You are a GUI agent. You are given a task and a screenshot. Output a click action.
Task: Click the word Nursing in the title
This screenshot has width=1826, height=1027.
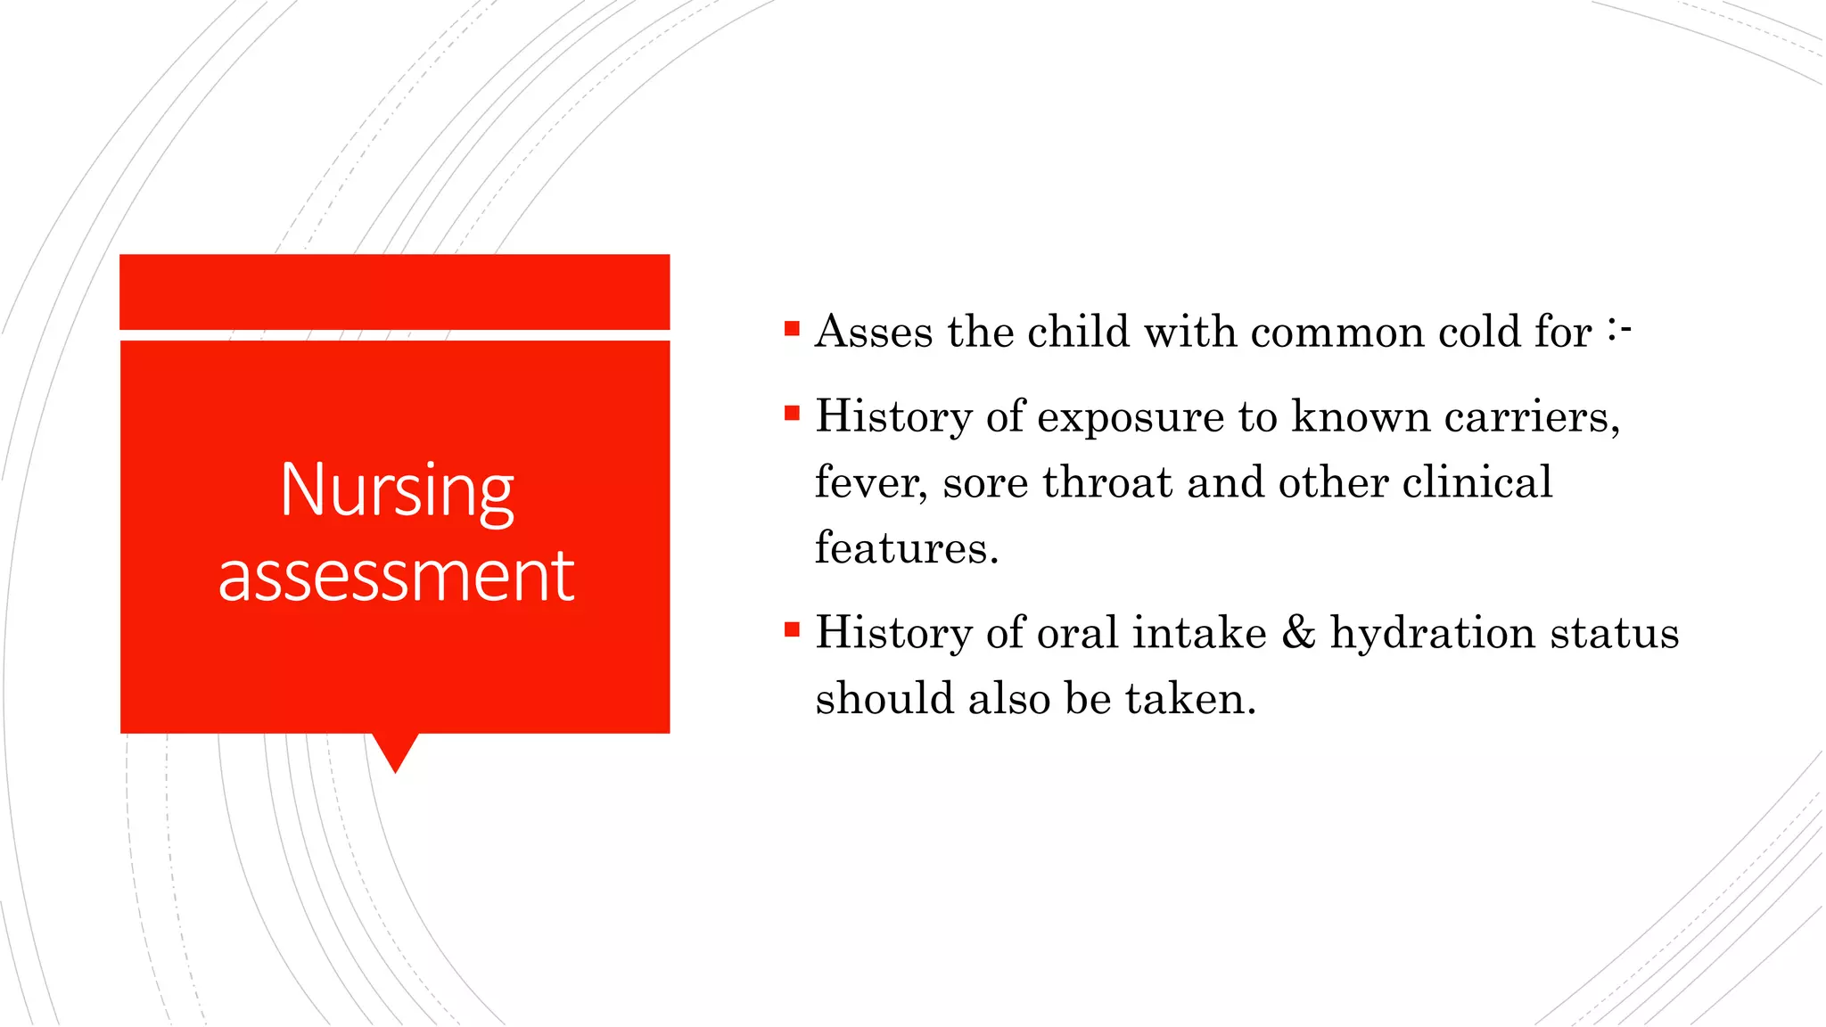(x=397, y=490)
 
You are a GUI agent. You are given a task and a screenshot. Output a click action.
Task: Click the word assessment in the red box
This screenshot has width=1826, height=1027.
(x=396, y=577)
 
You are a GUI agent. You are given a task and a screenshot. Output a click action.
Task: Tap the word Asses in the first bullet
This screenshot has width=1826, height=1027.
(x=873, y=332)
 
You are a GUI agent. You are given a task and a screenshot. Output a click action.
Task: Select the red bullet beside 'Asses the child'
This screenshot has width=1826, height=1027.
(x=792, y=329)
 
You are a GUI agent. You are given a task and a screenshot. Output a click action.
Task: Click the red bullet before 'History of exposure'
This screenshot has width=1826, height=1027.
(x=792, y=413)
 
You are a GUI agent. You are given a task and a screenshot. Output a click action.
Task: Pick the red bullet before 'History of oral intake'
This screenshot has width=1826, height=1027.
(x=792, y=630)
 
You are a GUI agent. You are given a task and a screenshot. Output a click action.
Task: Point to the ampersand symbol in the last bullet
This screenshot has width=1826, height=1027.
(x=1298, y=632)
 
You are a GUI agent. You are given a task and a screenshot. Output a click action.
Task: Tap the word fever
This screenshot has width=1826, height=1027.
(x=870, y=482)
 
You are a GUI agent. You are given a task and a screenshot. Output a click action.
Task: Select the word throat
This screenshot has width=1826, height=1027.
(x=1106, y=482)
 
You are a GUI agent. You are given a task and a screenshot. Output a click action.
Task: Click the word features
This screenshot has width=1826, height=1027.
(x=905, y=547)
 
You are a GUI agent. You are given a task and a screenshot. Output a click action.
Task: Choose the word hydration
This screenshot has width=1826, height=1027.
(x=1432, y=633)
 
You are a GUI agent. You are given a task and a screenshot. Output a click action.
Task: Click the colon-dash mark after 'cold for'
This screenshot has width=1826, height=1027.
(x=1619, y=330)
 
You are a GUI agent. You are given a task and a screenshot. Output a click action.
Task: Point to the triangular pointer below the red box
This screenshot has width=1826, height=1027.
(x=395, y=751)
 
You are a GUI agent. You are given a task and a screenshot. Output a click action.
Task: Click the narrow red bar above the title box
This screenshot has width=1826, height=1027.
(x=394, y=292)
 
